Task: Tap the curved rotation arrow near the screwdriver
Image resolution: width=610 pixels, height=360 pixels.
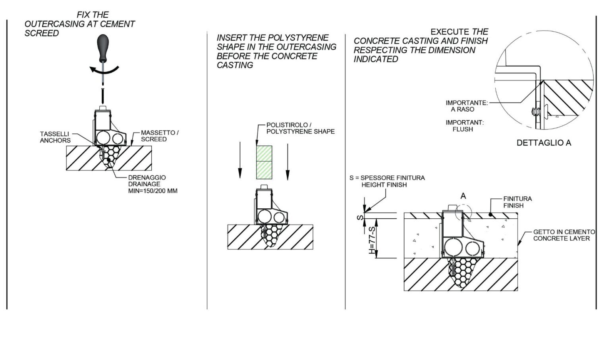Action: point(104,71)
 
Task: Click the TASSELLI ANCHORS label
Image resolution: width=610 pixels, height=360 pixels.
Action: point(55,137)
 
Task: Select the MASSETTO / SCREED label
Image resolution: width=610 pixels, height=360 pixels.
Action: point(160,136)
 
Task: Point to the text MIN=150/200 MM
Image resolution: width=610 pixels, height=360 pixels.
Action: point(152,191)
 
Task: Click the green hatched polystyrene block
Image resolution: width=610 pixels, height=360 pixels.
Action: point(264,162)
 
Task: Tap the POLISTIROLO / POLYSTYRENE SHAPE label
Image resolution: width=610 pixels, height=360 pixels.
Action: point(300,128)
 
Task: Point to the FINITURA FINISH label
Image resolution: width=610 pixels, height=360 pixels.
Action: point(517,202)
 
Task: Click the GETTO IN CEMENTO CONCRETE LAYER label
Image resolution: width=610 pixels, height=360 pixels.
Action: point(564,235)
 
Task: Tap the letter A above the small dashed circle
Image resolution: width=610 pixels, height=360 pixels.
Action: point(463,196)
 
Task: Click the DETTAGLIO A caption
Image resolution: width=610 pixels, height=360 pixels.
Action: point(544,143)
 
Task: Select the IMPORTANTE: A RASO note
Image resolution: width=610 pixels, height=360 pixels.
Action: point(466,106)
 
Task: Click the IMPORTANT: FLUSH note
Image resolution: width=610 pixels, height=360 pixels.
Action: point(464,126)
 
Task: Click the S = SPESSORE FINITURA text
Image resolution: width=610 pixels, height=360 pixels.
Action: point(387,178)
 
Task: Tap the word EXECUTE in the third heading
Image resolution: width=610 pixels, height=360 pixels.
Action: point(450,32)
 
